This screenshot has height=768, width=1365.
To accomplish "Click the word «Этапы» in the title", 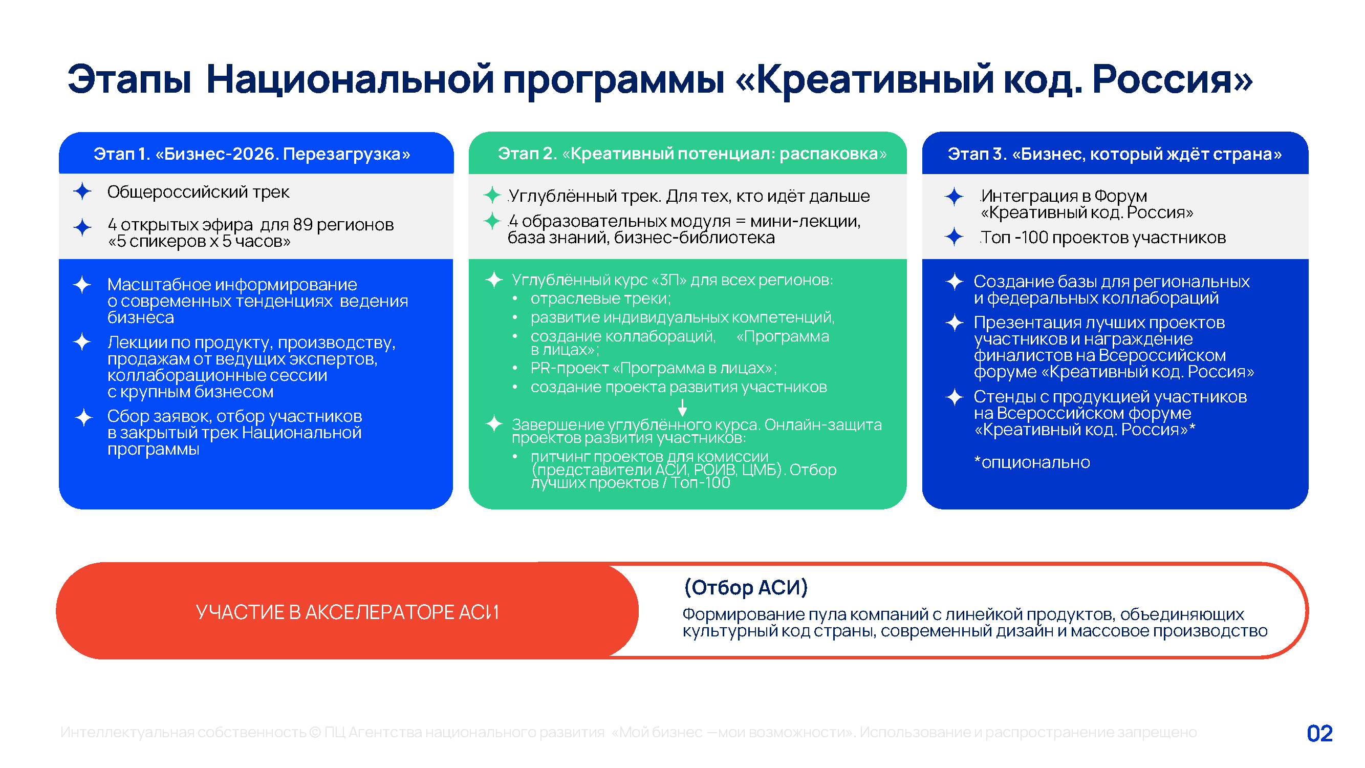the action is pos(129,79).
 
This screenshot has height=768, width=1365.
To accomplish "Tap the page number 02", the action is pos(1319,733).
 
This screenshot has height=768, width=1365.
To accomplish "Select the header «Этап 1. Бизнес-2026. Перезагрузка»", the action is pos(252,154).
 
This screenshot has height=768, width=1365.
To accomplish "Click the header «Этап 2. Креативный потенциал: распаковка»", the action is pos(692,153).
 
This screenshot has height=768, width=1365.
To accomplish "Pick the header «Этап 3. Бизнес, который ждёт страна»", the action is pos(1114,154).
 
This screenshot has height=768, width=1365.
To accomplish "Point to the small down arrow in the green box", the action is pos(683,407).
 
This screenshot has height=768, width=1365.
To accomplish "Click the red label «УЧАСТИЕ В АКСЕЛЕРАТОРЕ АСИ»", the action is pos(347,612).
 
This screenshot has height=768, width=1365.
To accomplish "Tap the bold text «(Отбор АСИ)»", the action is pos(746,587).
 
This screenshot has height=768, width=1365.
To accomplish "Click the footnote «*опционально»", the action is pos(1032,462).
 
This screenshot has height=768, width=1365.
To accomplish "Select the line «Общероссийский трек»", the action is pos(198,192).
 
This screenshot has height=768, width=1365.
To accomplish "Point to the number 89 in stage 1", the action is pos(302,225).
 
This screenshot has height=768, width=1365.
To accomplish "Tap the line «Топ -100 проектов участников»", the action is pos(1103,237).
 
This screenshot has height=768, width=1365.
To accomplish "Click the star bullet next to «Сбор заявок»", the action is pos(83,417).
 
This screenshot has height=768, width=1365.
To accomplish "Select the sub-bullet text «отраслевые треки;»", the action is pos(600,298).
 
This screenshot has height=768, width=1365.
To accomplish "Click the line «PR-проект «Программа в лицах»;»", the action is pos(654,368).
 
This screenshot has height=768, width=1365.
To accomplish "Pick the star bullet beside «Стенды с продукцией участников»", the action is pos(955,396).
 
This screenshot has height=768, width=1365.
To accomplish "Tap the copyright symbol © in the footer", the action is pos(315,732).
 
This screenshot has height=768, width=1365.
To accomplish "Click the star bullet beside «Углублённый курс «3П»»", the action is pos(494,280).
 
